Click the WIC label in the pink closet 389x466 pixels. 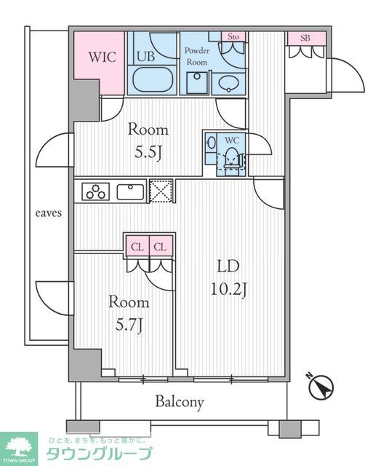[x=102, y=57]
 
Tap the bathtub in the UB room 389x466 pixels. [x=153, y=79]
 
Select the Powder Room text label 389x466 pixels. [x=197, y=56]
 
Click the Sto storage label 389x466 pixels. [x=233, y=36]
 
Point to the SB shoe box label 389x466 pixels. [x=305, y=38]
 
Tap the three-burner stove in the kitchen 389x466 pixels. [x=95, y=191]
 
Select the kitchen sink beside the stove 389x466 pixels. [x=131, y=191]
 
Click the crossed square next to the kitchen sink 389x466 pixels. [x=161, y=191]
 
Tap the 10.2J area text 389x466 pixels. [x=228, y=289]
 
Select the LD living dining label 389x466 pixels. [x=228, y=266]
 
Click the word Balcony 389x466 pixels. [x=180, y=402]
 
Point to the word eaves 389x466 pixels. [x=49, y=213]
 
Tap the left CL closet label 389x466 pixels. [x=137, y=247]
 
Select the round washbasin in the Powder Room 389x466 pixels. [x=228, y=84]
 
